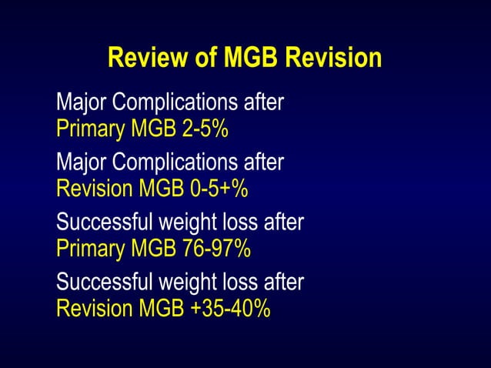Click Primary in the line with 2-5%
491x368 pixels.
(84, 129)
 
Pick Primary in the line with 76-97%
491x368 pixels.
(84, 249)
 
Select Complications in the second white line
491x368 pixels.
(172, 162)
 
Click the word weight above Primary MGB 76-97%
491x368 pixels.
(185, 222)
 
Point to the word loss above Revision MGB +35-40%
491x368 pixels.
(239, 282)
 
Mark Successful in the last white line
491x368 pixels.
(104, 282)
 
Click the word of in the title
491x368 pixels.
(204, 58)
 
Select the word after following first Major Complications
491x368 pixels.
(264, 102)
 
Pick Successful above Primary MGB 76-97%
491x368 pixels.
(104, 222)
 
